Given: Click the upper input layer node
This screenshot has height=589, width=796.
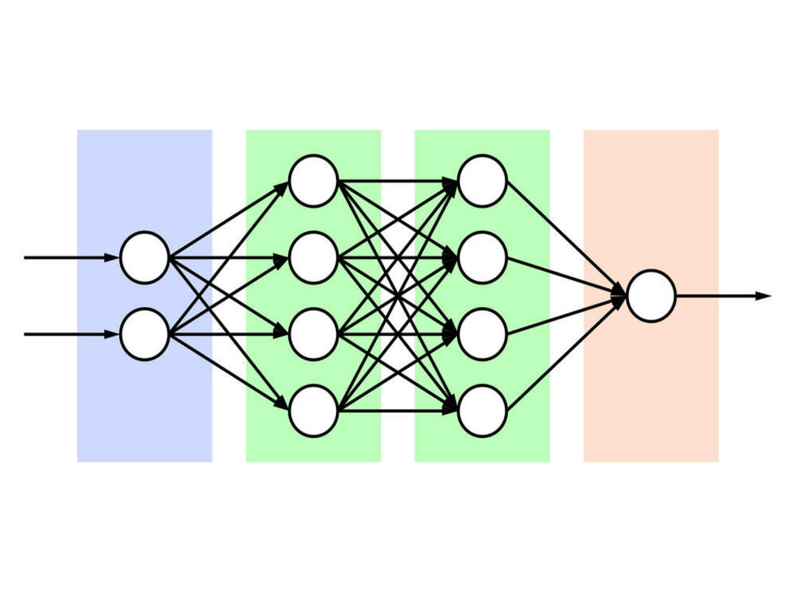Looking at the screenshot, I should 144,258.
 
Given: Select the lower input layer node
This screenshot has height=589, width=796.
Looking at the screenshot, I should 144,334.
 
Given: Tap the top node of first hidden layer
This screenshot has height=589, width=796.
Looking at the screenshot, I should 313,181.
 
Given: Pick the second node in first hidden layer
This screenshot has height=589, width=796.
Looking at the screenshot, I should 313,258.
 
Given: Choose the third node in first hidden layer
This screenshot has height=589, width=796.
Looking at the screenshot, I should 313,334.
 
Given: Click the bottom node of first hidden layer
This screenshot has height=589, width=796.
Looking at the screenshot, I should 313,411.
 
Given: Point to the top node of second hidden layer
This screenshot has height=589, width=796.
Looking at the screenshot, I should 482,181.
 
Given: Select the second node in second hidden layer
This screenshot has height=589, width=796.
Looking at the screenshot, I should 482,258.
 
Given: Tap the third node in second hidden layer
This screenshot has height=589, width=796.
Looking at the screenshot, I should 482,334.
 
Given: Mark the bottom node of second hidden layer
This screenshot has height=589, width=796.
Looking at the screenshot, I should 482,411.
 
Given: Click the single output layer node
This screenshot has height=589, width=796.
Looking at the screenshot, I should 651,296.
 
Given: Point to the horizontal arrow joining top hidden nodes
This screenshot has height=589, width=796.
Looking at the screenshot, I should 398,181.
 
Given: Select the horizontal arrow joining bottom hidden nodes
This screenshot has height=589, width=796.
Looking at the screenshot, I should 398,411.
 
